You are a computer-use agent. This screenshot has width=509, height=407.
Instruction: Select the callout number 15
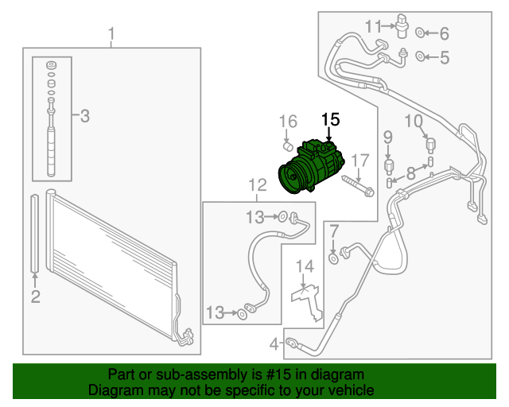[x=330, y=120]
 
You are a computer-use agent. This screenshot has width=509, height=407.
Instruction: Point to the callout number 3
[x=85, y=117]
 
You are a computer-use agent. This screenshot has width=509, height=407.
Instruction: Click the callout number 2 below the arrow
[x=35, y=297]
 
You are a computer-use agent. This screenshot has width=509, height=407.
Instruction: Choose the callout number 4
[x=274, y=344]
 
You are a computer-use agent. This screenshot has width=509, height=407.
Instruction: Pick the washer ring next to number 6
[x=423, y=33]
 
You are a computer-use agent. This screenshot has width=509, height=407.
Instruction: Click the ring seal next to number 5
[x=423, y=56]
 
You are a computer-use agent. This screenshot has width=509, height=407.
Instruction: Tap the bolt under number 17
[x=358, y=189]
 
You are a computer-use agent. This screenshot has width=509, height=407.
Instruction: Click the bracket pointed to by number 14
[x=309, y=298]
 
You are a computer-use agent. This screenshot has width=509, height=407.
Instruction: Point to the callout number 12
[x=257, y=185]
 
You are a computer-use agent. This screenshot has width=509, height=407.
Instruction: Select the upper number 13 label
[x=254, y=216]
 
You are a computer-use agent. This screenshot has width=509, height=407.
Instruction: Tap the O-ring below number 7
[x=333, y=257]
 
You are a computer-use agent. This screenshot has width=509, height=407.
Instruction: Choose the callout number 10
[x=414, y=121]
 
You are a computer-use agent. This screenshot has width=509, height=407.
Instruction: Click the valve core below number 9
[x=389, y=165]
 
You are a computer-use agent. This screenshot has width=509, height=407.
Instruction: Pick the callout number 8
[x=410, y=172]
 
